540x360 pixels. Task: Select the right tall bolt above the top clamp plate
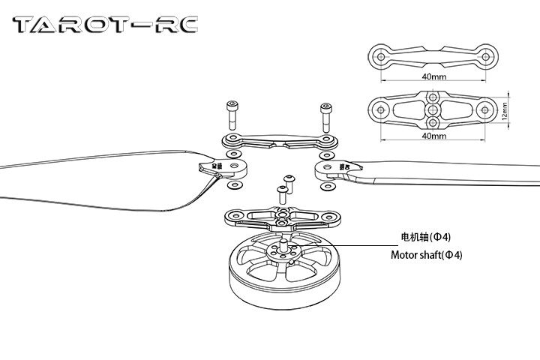pyautogui.click(x=325, y=116)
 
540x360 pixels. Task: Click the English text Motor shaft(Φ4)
pyautogui.click(x=426, y=255)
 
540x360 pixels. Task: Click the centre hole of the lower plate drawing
pyautogui.click(x=434, y=110)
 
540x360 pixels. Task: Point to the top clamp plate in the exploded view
pyautogui.click(x=278, y=141)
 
